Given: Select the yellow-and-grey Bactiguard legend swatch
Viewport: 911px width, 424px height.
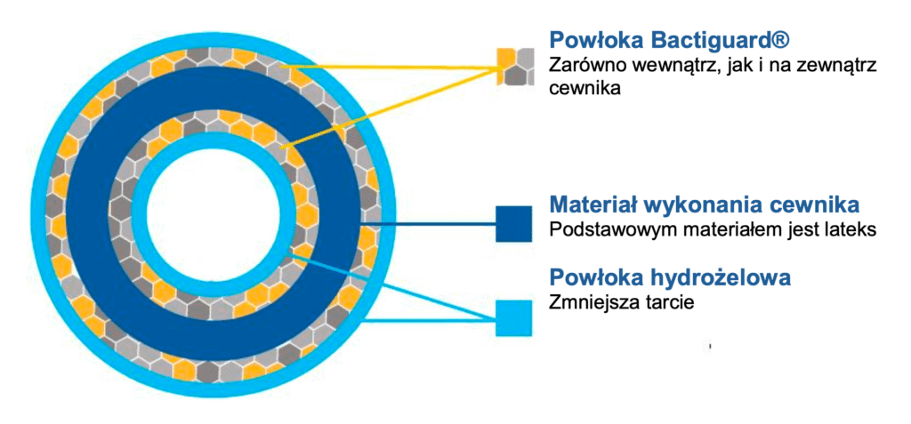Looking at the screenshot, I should point(513,66).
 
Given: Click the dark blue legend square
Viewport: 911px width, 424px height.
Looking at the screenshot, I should point(513,223).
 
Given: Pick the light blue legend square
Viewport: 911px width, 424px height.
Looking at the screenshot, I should point(513,317).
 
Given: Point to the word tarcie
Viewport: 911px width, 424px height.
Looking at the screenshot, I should point(668,303).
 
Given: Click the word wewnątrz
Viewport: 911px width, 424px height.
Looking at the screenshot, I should point(670,65).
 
